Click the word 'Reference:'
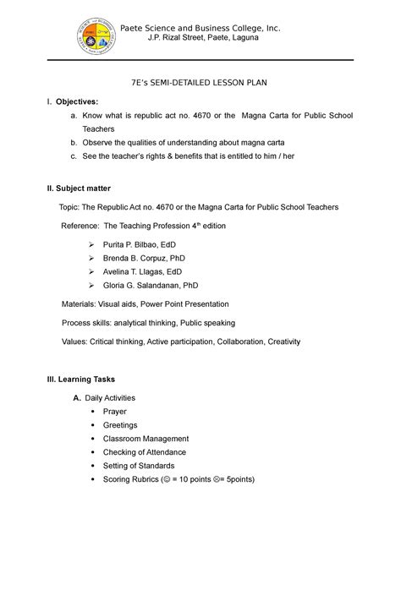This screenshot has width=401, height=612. click(80, 227)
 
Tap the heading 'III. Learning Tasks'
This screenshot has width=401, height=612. click(81, 380)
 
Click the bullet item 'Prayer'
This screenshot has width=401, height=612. click(114, 412)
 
